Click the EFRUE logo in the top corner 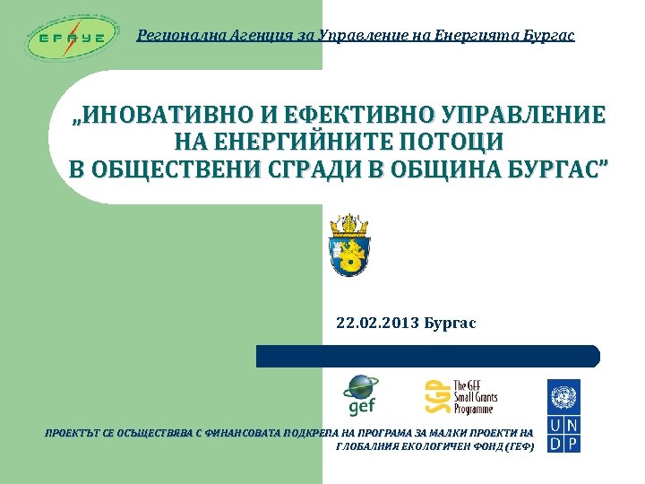[x=73, y=38]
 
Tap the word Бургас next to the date [x=450, y=323]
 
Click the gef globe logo [x=360, y=394]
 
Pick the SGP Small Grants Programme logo [x=460, y=396]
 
